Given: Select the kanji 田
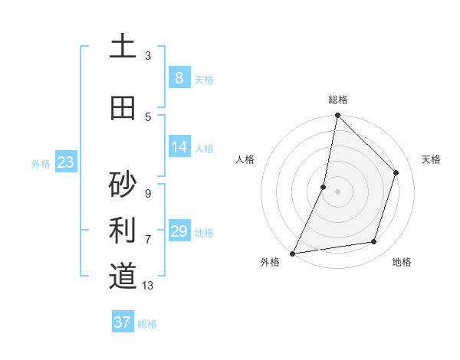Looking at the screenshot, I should coord(123,108).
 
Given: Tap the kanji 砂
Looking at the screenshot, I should coord(123,185).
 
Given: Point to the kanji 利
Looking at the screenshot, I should coord(123,230).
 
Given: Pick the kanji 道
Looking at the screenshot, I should coord(123,276).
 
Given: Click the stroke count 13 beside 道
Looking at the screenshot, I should coord(149,286).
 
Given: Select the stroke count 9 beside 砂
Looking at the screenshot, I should coord(148,193).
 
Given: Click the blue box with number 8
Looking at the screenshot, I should coord(179,78).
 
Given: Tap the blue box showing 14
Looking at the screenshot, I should coord(179,147).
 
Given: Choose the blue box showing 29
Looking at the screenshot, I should coord(179,231).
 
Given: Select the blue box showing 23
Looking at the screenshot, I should coord(65,162).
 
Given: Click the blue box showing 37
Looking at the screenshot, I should coord(123,322).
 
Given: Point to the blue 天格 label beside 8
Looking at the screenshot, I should coord(204,80).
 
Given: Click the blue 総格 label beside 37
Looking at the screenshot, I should coord(147,324).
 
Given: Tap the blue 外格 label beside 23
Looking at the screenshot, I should coord(41,163).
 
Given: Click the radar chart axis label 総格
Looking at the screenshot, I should coord(338,100).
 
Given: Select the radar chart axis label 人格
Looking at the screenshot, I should coord(245,159).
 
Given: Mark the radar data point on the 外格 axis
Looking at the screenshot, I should coord(292,253).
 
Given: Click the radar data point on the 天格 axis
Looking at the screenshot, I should coord(396,172).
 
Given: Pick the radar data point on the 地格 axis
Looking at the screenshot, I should coord(374,242).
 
